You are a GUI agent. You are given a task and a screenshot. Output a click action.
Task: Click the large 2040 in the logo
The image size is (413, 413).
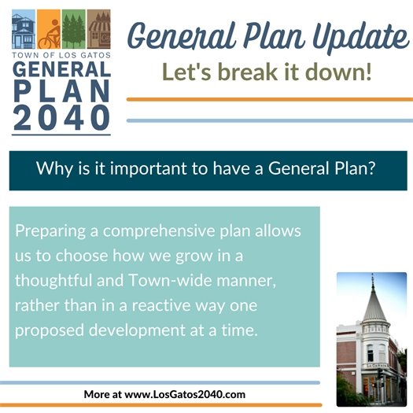pos(61,116)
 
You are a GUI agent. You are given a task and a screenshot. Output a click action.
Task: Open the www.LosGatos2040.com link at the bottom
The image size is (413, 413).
pos(186,393)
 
